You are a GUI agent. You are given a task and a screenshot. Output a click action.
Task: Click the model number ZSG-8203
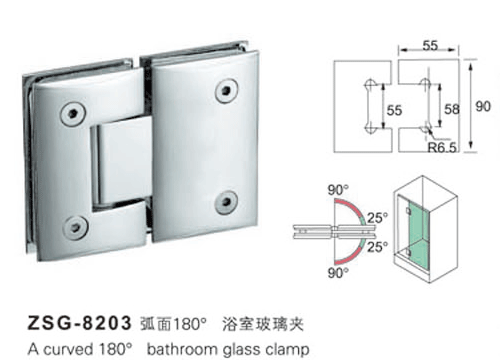[x=79, y=323]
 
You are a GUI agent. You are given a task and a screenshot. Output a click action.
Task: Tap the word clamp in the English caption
[x=287, y=349]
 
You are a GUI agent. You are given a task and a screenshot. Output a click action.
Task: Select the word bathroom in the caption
[x=182, y=349]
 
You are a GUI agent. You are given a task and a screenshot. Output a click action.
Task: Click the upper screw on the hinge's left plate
[x=72, y=114]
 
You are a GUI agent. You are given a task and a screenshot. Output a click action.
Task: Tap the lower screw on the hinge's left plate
[x=75, y=227]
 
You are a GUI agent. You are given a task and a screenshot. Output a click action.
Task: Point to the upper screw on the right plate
[x=226, y=90]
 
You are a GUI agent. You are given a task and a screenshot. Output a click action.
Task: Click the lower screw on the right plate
[x=226, y=202]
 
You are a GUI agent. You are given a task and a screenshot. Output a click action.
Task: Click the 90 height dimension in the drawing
[x=483, y=106]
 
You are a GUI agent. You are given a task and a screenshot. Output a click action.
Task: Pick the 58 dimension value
[x=452, y=109]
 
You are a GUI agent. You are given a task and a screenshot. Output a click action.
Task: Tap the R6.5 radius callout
[x=442, y=147]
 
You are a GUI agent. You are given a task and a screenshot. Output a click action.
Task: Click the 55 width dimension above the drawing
[x=430, y=46]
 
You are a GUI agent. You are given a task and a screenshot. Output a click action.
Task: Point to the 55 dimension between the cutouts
[x=394, y=110]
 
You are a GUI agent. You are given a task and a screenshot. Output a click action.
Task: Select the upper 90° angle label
[x=338, y=190]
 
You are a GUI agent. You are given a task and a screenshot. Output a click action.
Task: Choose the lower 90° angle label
[x=338, y=273]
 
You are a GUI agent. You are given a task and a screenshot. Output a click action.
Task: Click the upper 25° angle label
[x=378, y=218]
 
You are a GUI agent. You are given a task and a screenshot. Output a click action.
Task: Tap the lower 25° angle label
[x=378, y=247]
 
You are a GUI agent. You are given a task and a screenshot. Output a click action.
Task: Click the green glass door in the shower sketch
[x=417, y=231]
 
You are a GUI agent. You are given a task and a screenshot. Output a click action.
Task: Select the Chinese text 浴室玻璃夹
[x=263, y=324]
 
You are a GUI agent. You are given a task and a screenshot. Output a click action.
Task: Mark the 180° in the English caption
[x=116, y=349]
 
